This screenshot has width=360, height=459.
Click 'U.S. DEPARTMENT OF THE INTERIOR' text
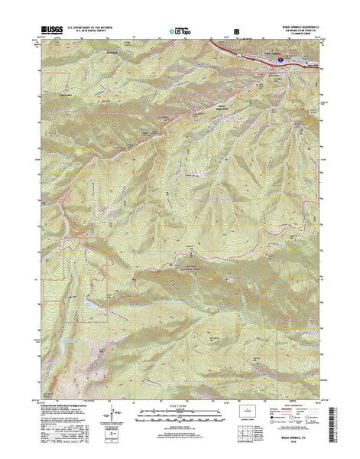click(x=89, y=28)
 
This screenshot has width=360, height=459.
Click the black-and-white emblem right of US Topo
click(x=235, y=32)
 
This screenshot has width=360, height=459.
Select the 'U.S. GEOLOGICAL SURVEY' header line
click(x=89, y=31)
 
